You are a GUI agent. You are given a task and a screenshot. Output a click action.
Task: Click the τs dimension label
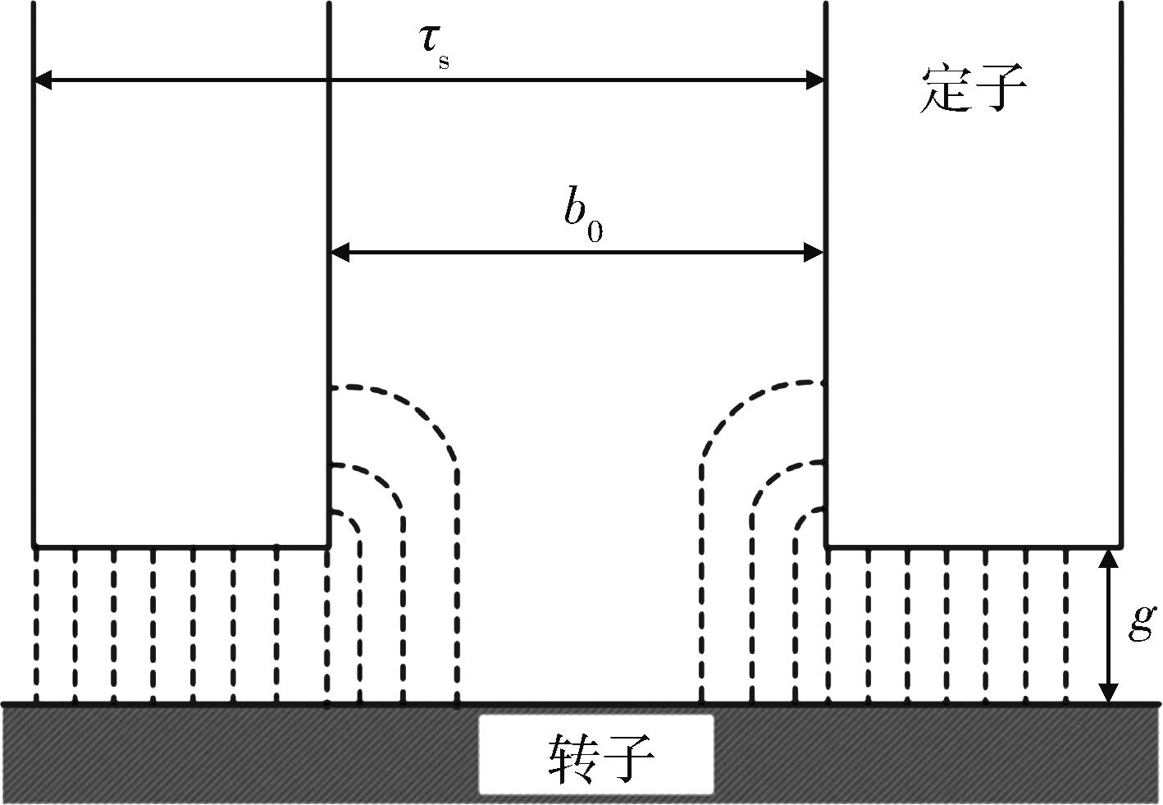coord(434,48)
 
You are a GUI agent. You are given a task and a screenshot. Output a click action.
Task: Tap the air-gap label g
coord(1142,624)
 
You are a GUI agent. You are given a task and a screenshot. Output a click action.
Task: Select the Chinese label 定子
coord(972,89)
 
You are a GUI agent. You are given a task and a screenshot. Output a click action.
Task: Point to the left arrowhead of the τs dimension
coord(43,80)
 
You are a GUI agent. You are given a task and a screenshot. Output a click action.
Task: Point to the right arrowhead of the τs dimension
coord(815,80)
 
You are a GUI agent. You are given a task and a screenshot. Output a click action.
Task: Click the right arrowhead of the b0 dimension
coord(814,253)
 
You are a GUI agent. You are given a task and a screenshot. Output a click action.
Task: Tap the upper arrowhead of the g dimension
coord(1109,558)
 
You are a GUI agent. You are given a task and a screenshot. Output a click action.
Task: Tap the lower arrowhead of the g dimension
coord(1109,693)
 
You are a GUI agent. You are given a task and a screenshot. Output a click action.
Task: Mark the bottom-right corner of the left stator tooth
coord(329,547)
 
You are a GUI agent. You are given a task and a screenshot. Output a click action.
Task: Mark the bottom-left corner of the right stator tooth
coord(826,547)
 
